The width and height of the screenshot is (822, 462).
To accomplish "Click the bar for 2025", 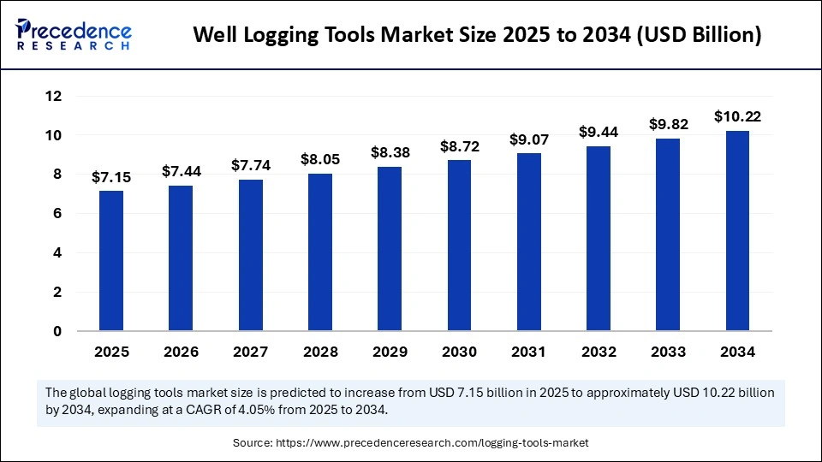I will click(x=111, y=261).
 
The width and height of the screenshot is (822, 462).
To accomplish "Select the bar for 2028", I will click(x=320, y=252).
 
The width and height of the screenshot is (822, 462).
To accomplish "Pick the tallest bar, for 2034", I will click(x=737, y=231).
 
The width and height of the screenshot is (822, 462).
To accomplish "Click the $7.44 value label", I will click(x=181, y=172).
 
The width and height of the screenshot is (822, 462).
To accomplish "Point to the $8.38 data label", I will click(x=390, y=152).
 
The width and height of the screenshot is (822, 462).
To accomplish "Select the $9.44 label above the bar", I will click(x=599, y=132).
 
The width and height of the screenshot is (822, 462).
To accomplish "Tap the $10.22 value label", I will click(x=737, y=116).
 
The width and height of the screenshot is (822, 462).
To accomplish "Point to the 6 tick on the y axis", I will click(x=57, y=214).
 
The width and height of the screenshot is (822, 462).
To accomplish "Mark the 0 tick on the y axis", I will click(x=57, y=331).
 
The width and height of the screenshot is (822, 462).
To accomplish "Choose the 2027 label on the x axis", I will click(x=251, y=352).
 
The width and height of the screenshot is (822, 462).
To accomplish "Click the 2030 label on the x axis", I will click(x=459, y=352).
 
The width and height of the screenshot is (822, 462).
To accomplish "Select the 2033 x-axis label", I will click(x=668, y=352).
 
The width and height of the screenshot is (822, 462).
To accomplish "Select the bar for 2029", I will click(x=390, y=249).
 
